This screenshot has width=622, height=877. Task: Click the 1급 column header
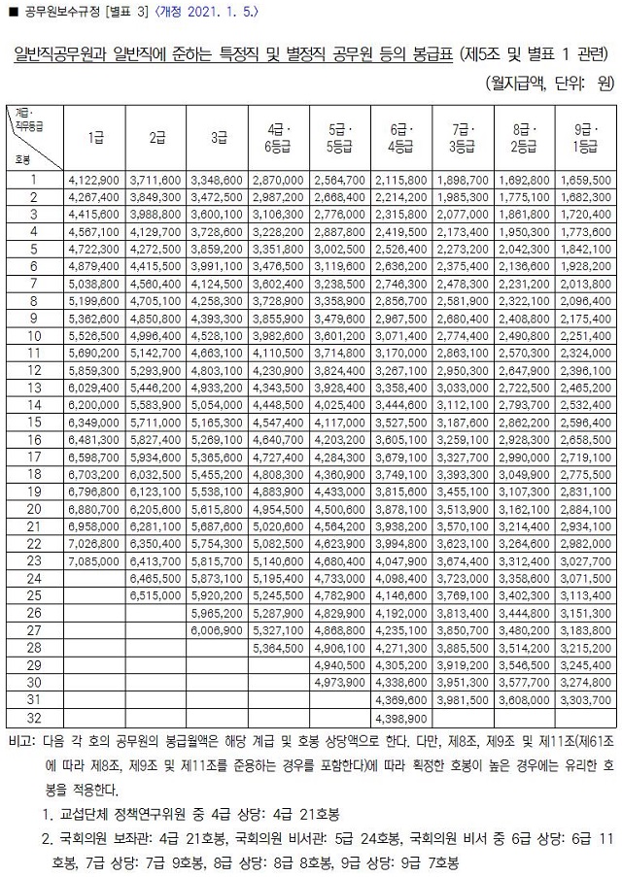tap(95, 138)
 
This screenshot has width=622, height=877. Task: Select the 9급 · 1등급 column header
tap(586, 138)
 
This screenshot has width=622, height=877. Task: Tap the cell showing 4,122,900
tap(95, 180)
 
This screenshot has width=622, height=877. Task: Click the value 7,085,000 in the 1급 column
tap(95, 560)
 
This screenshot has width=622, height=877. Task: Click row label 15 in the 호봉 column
tap(33, 422)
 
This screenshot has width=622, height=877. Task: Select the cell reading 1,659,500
tap(586, 180)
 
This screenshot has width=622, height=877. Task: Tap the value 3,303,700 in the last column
tap(586, 699)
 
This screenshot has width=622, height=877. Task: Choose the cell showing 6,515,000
tap(155, 595)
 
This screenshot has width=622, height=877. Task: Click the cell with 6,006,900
tap(217, 630)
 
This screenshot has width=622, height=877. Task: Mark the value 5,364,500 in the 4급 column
tap(278, 648)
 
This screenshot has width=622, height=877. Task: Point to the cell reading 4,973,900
tap(339, 682)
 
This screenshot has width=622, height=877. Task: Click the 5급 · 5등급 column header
tap(339, 138)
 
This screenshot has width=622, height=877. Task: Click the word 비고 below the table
tap(19, 739)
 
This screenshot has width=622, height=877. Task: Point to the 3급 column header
tap(217, 138)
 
